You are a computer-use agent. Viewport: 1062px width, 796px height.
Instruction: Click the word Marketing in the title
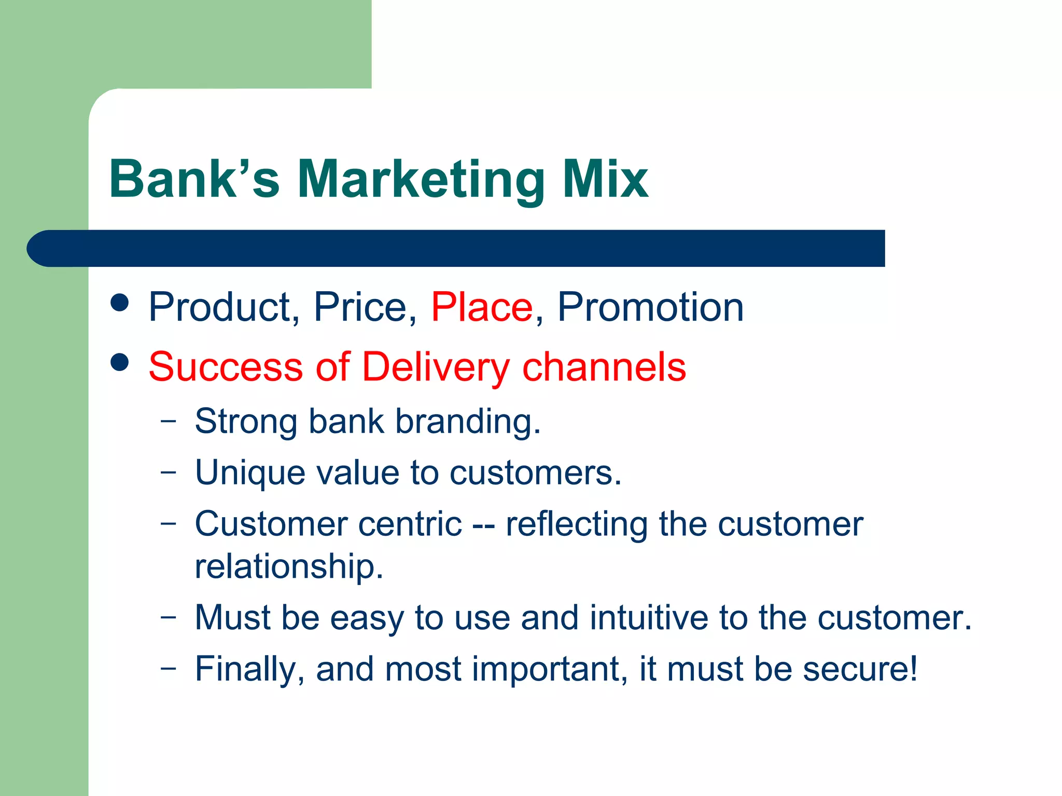421,180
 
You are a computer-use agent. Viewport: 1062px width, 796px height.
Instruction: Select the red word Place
482,307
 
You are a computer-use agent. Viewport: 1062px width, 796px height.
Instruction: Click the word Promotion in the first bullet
650,307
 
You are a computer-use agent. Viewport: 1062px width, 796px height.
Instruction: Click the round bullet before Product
120,303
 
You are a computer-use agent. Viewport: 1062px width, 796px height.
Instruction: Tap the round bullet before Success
120,362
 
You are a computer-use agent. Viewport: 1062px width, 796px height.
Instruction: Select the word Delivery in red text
436,367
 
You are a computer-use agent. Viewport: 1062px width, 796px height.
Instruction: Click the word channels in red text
604,367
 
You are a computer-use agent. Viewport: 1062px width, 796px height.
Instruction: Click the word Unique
249,473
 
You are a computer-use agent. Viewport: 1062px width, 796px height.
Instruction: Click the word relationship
289,566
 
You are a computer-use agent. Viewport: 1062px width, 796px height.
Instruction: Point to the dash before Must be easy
168,617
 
